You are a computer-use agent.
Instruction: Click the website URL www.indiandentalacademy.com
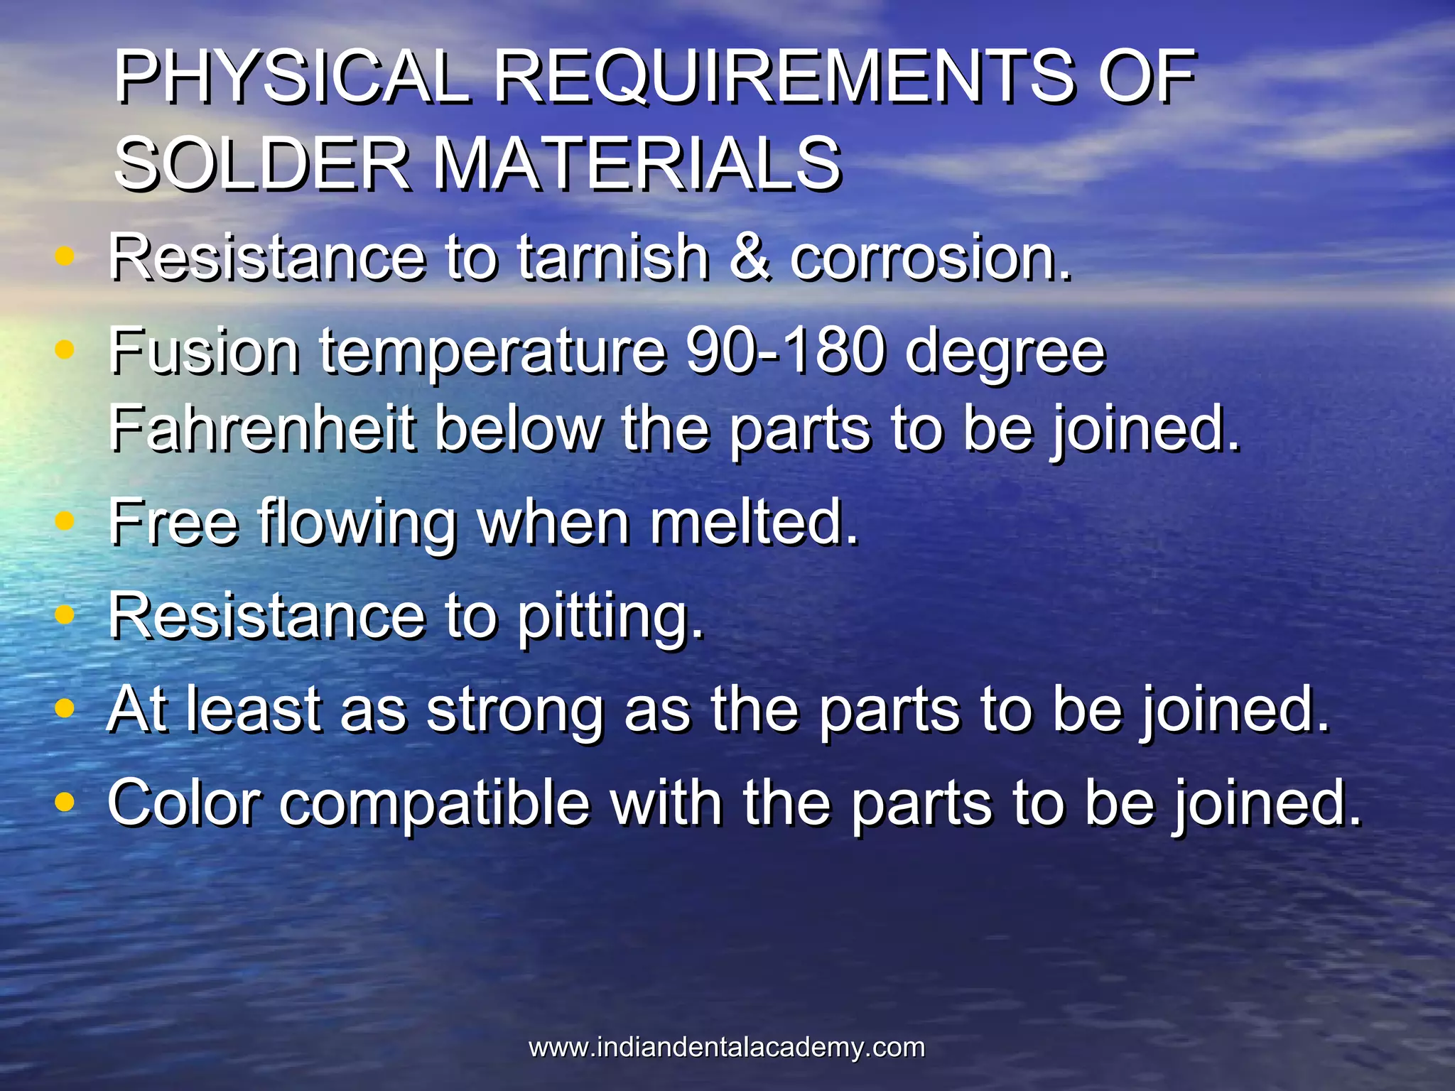pyautogui.click(x=727, y=1048)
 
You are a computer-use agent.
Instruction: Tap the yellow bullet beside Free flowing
pyautogui.click(x=65, y=521)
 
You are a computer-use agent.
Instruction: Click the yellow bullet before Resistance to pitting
pyautogui.click(x=65, y=614)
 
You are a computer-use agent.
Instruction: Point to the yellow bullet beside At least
pyautogui.click(x=65, y=707)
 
